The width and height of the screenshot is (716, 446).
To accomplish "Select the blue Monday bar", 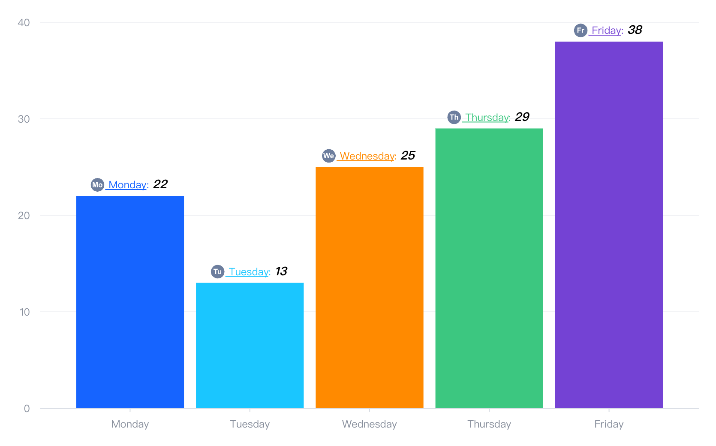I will click(130, 302).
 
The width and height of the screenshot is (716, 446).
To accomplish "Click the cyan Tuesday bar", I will click(250, 345).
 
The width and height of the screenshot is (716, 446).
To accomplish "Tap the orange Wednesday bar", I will click(369, 287).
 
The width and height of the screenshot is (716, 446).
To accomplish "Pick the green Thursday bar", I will click(489, 268).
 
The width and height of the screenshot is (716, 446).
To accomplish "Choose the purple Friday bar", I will click(609, 225).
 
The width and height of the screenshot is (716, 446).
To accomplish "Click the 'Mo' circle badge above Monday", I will click(97, 185).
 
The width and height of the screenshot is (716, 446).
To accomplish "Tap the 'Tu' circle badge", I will click(217, 271).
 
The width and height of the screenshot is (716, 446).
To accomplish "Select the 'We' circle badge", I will click(328, 156).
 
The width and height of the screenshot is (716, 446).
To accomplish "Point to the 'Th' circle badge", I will click(454, 117).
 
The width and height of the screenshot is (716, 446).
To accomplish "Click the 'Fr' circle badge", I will click(581, 30).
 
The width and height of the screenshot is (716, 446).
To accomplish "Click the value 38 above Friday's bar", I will click(635, 30).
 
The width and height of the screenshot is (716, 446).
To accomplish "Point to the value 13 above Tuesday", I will click(281, 271).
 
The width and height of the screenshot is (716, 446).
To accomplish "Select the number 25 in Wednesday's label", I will click(408, 156).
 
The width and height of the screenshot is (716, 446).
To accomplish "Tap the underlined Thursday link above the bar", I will click(487, 118).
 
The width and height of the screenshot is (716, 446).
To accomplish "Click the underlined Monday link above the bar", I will click(128, 185).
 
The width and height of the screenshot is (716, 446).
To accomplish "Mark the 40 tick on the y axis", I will click(24, 23).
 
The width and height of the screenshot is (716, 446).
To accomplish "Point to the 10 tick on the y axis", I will click(24, 312).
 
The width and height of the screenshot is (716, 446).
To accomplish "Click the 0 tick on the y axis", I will click(27, 409).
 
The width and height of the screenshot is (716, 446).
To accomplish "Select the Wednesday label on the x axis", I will click(369, 424).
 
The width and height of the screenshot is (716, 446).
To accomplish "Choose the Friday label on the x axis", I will click(609, 424).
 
